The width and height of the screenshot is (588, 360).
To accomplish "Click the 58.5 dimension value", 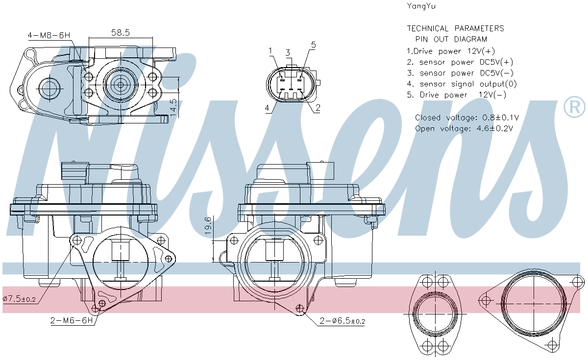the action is point(121,32).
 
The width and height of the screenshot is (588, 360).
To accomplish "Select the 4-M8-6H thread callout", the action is point(49,35).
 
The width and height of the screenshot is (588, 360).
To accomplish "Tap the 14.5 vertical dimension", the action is point(174,108).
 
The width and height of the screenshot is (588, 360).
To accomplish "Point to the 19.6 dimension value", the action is point(208,225).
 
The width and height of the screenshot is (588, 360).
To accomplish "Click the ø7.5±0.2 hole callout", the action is point(19,299).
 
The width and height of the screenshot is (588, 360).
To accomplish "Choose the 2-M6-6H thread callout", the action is point(72,320).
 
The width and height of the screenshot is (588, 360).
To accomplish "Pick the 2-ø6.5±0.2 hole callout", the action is point(343,321).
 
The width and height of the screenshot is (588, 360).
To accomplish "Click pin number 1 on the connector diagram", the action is point(270,50).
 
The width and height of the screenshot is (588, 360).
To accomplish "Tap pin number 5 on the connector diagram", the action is point(314,45).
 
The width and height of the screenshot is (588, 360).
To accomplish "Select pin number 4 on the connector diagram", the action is point(267,108).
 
